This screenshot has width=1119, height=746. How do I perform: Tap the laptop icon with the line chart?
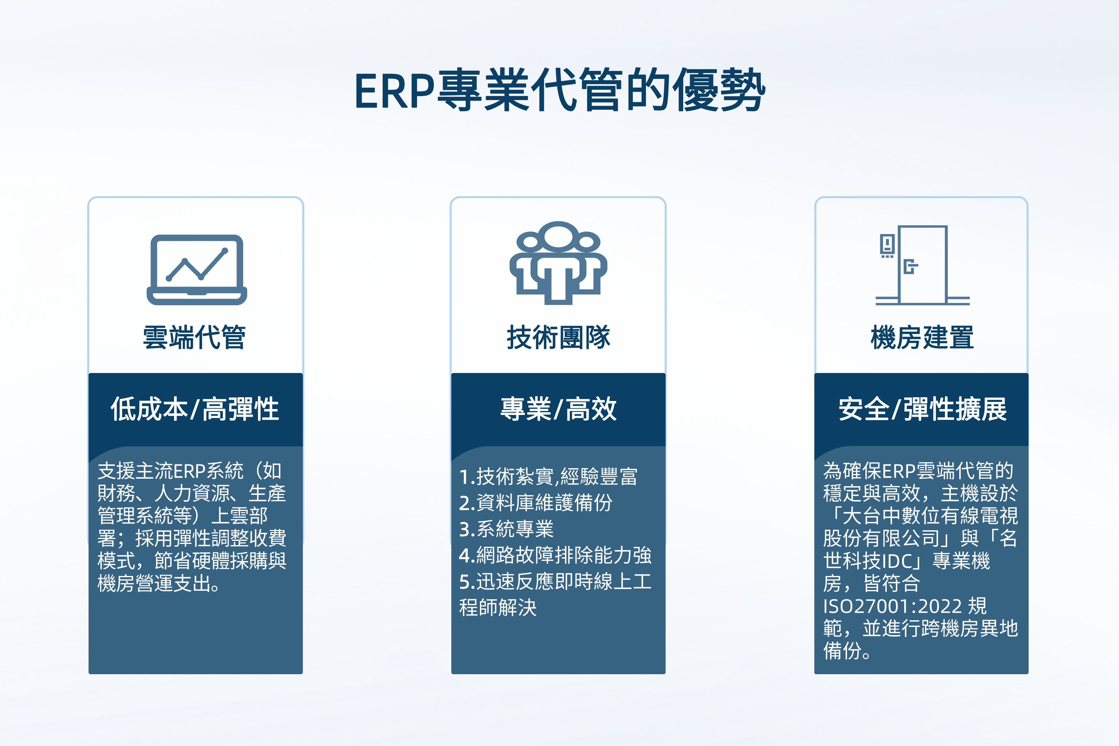[x=196, y=270]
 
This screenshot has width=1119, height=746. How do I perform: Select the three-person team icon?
[x=558, y=263]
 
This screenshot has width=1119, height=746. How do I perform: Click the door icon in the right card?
[x=923, y=265]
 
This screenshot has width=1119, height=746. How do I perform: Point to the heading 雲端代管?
[x=195, y=337]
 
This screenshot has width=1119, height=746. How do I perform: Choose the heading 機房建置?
[x=922, y=337]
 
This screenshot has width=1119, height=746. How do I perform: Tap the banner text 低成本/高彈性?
[x=195, y=409]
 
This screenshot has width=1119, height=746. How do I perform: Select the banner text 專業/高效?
[x=559, y=409]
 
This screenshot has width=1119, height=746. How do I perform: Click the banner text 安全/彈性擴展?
[x=923, y=409]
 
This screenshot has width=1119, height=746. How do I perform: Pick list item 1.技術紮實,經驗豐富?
[x=548, y=476]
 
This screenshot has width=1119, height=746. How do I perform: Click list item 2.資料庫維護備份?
[x=536, y=502]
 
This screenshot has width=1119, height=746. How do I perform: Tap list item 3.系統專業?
[x=506, y=529]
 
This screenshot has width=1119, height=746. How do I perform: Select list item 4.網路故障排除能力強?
[x=555, y=555]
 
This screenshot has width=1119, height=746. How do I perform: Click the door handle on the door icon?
[x=910, y=266]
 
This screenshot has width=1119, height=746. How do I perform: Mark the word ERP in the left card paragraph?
[x=189, y=471]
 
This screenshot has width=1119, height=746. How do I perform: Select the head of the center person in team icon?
[x=558, y=236]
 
